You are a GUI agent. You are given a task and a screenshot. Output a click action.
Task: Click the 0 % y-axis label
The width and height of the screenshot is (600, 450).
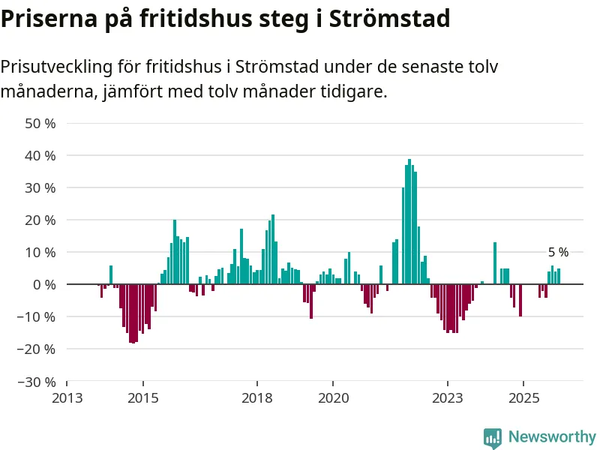(44, 284)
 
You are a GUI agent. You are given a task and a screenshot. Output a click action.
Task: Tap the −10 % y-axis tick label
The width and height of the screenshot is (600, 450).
(38, 316)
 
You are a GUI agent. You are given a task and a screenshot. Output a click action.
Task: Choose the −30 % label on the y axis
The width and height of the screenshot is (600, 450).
(38, 381)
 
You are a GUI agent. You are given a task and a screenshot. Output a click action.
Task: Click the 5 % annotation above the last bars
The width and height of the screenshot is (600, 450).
(558, 253)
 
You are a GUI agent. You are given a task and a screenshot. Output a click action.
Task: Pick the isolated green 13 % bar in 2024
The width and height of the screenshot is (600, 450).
(495, 263)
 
